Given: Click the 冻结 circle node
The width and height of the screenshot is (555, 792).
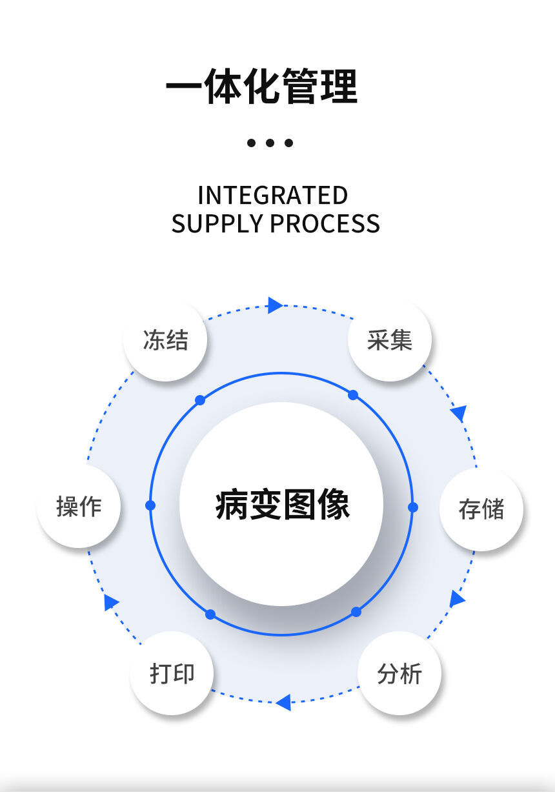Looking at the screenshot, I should pyautogui.click(x=165, y=340).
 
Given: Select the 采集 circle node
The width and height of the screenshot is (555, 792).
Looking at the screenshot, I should pyautogui.click(x=389, y=340).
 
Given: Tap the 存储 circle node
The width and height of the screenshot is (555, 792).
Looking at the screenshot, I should pyautogui.click(x=481, y=509).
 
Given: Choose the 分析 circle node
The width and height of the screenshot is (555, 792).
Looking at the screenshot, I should pyautogui.click(x=399, y=674).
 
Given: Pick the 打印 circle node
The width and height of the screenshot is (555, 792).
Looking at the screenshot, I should pyautogui.click(x=172, y=673).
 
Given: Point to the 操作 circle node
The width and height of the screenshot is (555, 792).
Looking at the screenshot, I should pyautogui.click(x=79, y=507).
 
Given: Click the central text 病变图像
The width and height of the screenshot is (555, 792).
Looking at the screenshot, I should pyautogui.click(x=282, y=505).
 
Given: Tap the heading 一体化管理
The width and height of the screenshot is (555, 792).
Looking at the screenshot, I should pyautogui.click(x=261, y=87).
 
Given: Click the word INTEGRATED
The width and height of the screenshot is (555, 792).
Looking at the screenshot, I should pyautogui.click(x=272, y=195).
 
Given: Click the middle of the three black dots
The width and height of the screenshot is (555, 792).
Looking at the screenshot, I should pyautogui.click(x=270, y=143).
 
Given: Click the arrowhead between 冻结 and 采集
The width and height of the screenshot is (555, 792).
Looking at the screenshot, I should pyautogui.click(x=275, y=305).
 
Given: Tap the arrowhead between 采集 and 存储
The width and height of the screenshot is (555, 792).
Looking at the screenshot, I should pyautogui.click(x=459, y=412).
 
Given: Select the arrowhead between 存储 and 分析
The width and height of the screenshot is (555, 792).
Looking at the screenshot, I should pyautogui.click(x=457, y=599).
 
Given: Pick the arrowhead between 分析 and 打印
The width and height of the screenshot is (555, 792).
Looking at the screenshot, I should pyautogui.click(x=283, y=702).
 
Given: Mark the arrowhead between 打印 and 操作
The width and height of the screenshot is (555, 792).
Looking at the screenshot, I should pyautogui.click(x=110, y=602).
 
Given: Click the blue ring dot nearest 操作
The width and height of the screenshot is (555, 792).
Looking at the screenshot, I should pyautogui.click(x=150, y=505).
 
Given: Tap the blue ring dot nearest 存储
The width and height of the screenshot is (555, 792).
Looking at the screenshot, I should pyautogui.click(x=413, y=507).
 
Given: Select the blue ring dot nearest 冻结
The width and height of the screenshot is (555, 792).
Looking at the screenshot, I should pyautogui.click(x=200, y=400).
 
